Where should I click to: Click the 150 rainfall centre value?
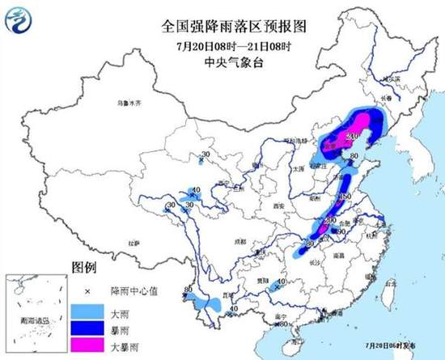coord(343,197)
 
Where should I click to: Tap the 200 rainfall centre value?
coord(329,219)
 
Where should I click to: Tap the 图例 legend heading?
coord(85,267)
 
